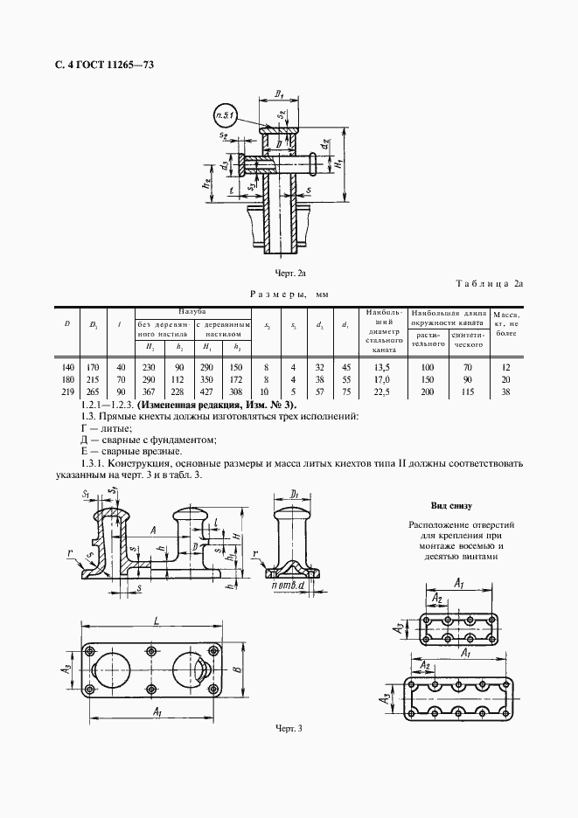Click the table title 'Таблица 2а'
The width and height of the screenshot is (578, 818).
[x=489, y=283]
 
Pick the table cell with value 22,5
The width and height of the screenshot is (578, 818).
[x=381, y=392]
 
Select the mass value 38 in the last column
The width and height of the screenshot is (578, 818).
[x=505, y=392]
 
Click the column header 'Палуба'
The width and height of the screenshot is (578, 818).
[x=192, y=311]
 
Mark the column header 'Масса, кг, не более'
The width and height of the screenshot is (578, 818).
[x=505, y=323]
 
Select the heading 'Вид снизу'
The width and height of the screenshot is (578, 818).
[x=450, y=505]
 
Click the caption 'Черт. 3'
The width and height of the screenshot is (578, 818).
[x=288, y=728]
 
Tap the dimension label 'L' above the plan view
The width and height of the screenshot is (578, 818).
[x=154, y=620]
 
